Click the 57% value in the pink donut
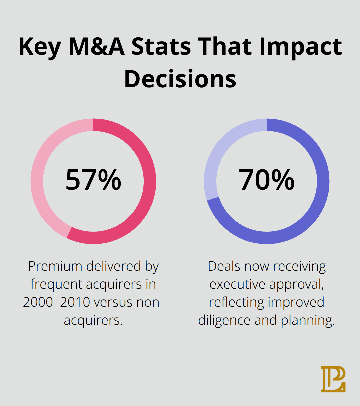tap(93, 180)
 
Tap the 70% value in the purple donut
tap(266, 180)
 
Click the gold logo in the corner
tap(333, 379)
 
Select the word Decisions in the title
tap(180, 79)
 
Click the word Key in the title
tap(40, 47)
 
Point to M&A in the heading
tap(96, 47)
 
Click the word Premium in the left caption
tap(55, 266)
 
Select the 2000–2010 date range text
tap(56, 302)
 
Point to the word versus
tap(118, 302)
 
